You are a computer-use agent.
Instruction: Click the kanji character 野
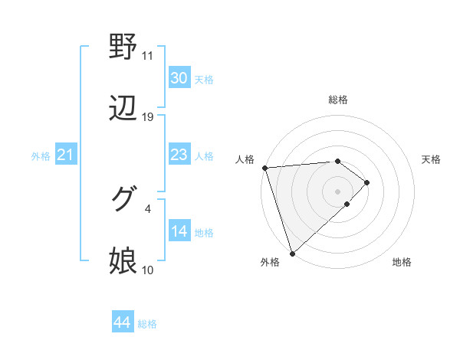tap(123, 47)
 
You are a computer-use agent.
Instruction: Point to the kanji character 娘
tap(123, 260)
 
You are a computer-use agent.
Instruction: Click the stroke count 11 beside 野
tap(147, 56)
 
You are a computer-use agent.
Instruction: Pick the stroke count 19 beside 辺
tap(148, 117)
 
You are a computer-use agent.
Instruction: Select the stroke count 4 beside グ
tap(147, 208)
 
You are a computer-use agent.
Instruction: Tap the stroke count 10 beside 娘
tap(147, 270)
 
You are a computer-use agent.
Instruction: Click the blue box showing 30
tap(179, 78)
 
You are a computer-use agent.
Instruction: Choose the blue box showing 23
tap(179, 155)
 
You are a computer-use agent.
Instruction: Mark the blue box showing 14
tap(179, 231)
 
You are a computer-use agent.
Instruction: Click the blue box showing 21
tap(65, 155)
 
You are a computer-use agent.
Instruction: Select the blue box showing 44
tap(122, 322)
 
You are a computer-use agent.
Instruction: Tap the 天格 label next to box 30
tap(204, 79)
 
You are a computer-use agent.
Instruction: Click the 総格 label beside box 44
tap(147, 323)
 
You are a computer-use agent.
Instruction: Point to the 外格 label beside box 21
tap(40, 156)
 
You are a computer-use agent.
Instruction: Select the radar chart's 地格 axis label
tap(402, 262)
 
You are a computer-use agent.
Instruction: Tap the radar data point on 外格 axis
tap(291, 252)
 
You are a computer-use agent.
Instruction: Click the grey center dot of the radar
tap(337, 191)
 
